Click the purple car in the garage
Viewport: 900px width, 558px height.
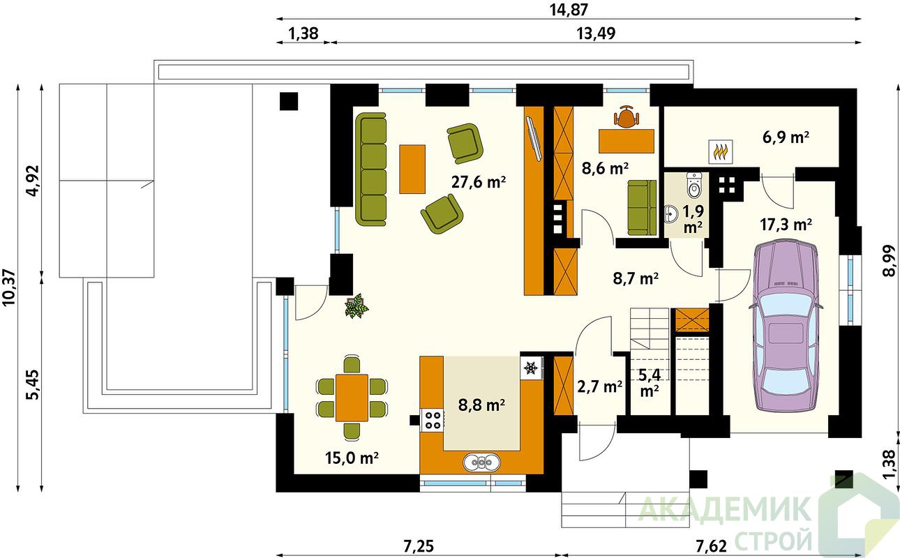[785, 326]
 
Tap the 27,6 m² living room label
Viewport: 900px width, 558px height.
[478, 182]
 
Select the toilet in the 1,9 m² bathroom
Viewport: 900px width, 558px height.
[694, 186]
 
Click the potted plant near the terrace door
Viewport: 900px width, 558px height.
[356, 306]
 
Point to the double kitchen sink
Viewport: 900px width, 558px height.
[481, 462]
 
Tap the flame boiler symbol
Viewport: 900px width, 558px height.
[721, 152]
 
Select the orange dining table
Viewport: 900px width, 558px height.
[352, 398]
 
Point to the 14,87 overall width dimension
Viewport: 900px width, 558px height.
[569, 10]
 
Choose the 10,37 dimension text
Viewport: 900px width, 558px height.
[10, 287]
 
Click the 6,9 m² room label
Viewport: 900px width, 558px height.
[786, 137]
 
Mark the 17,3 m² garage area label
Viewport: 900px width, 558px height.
[786, 225]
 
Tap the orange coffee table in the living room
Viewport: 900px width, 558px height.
[412, 169]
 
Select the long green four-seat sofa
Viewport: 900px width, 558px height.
[371, 169]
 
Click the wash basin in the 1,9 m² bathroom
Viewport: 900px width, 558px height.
[670, 213]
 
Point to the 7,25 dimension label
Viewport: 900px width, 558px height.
[419, 546]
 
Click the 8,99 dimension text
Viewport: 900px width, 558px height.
[890, 261]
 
